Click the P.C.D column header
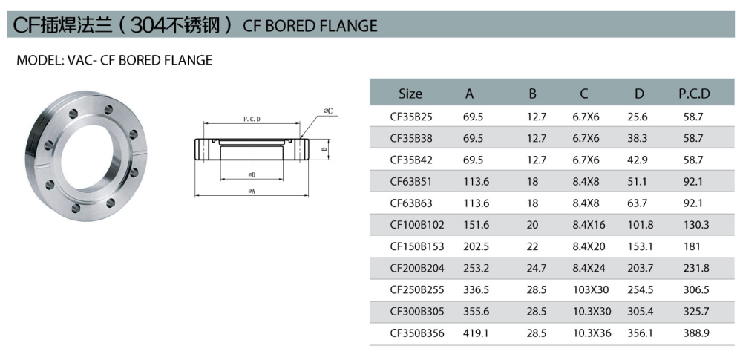click(x=694, y=94)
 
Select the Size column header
click(x=410, y=94)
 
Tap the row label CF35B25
click(x=411, y=117)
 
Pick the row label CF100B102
click(x=417, y=225)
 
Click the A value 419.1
click(x=476, y=333)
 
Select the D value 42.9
click(x=638, y=160)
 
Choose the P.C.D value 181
click(x=692, y=246)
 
